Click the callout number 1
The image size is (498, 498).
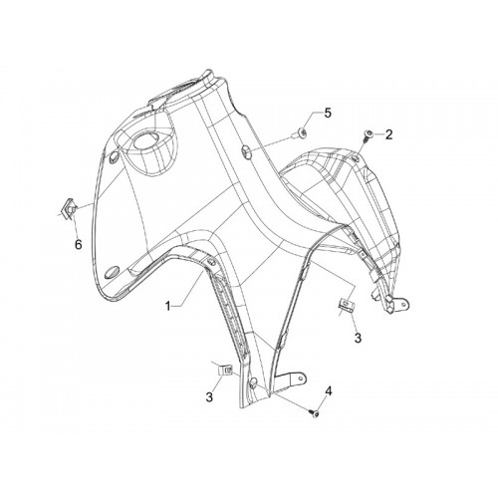coord(168,306)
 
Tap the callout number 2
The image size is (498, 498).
coord(388,134)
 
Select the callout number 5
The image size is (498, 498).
coord(328,113)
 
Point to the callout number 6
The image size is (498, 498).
coord(78,245)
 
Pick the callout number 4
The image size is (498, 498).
coord(328,391)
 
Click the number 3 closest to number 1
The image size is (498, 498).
coord(209,396)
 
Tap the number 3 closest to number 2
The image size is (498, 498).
coord(358,338)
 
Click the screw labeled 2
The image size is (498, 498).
coord(368,135)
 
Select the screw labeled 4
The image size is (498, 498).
coord(314,413)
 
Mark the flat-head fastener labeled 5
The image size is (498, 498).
coord(301,132)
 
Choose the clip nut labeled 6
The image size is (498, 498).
coord(70,208)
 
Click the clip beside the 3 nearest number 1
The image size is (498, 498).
coord(225,370)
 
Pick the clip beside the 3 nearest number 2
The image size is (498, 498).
coord(345,305)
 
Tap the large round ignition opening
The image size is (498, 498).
coord(144,141)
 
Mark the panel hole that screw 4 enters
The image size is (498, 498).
coord(254,381)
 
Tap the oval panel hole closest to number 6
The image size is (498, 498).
coord(114,156)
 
